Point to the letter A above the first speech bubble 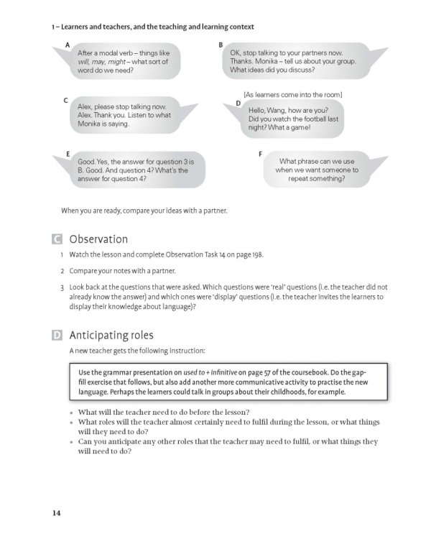(x=67, y=45)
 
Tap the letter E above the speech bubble (x=67, y=154)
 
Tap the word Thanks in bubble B (x=242, y=62)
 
